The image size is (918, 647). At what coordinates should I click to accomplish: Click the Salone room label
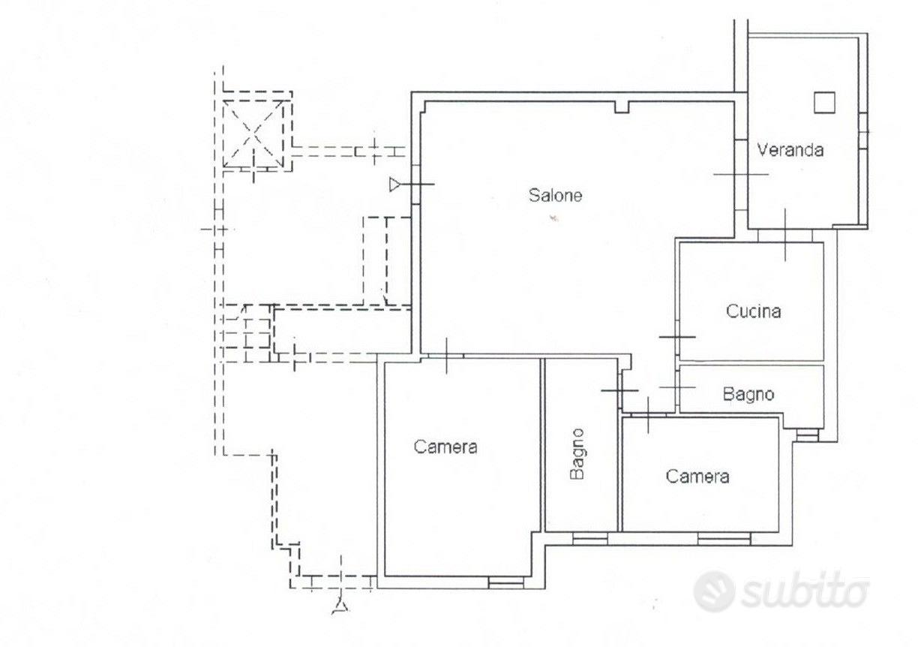point(555,195)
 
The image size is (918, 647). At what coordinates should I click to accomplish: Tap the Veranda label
point(790,150)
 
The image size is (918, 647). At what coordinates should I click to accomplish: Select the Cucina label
point(753,311)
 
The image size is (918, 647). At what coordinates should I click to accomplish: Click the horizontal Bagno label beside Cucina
point(748,395)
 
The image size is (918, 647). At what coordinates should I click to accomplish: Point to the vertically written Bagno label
point(577,454)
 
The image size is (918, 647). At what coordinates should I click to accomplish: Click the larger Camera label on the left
point(445,447)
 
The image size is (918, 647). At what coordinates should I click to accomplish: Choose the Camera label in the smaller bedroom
point(697,477)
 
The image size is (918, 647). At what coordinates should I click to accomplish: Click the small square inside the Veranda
point(824,102)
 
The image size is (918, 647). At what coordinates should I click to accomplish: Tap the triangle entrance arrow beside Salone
point(395,185)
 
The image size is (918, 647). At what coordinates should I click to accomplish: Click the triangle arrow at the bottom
point(340,606)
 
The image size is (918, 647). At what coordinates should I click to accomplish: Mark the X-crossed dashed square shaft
point(253,134)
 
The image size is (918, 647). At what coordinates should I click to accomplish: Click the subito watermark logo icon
point(713,591)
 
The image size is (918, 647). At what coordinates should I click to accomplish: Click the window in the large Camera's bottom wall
point(505,582)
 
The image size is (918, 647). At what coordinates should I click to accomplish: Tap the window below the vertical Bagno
point(589,538)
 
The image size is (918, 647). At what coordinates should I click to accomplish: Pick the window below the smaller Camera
point(724,538)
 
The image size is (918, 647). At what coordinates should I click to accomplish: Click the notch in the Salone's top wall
point(622,107)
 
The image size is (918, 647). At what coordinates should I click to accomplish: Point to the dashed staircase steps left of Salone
point(246,333)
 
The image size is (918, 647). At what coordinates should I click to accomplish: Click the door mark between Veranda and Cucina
point(785,235)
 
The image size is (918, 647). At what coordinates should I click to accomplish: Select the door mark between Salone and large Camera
point(447,356)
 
